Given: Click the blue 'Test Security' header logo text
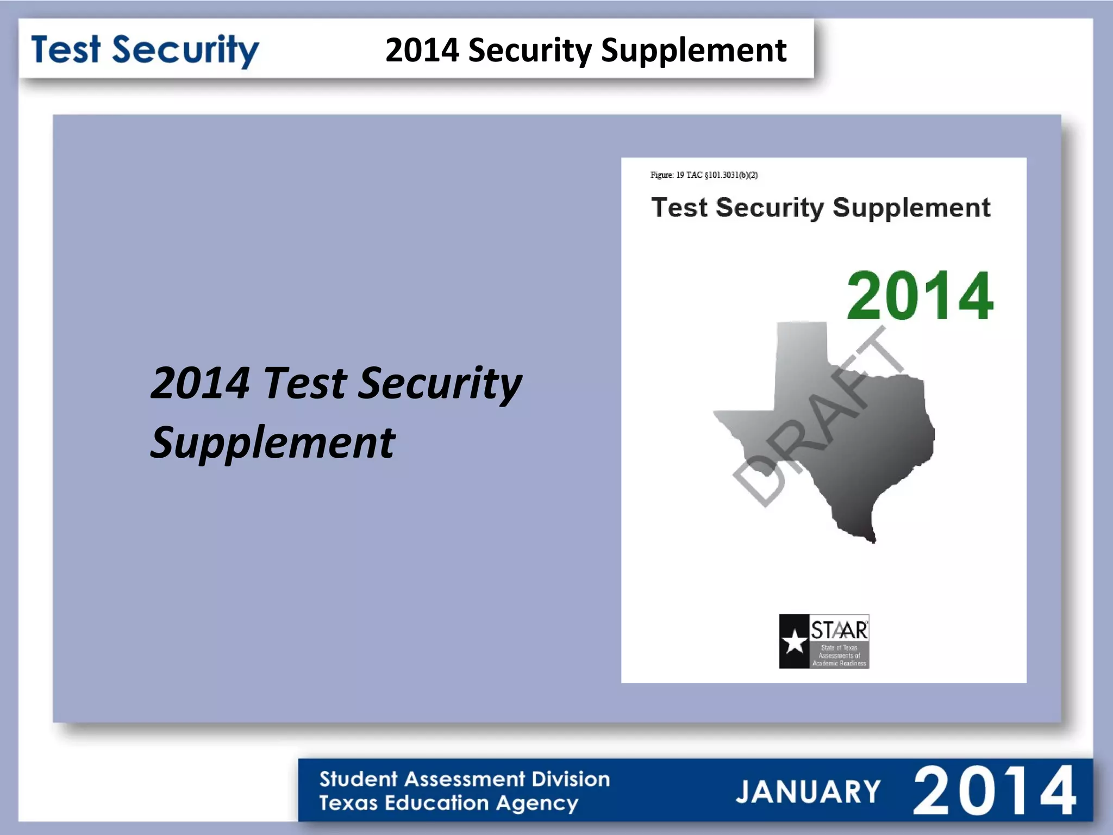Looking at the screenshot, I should tap(145, 50).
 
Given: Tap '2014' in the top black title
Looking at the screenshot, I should tap(422, 50).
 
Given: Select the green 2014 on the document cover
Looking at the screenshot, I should tap(920, 296).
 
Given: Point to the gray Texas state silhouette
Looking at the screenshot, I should tap(870, 435).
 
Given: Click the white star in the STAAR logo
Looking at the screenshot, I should tap(794, 641).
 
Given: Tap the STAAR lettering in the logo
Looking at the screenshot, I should tap(839, 631).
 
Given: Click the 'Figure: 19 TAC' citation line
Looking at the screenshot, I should tap(703, 175).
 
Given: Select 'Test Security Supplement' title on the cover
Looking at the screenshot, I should tap(821, 208).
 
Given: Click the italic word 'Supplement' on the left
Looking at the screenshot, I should tap(273, 443).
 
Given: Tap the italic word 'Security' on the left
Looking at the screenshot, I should tap(440, 383).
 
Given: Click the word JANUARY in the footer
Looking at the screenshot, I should tap(808, 792).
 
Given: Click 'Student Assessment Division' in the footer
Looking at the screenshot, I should tap(464, 779).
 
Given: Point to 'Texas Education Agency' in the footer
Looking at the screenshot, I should tap(448, 803).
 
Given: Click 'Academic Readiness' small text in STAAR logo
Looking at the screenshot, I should tap(839, 663).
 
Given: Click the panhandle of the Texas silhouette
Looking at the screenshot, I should tap(802, 353).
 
